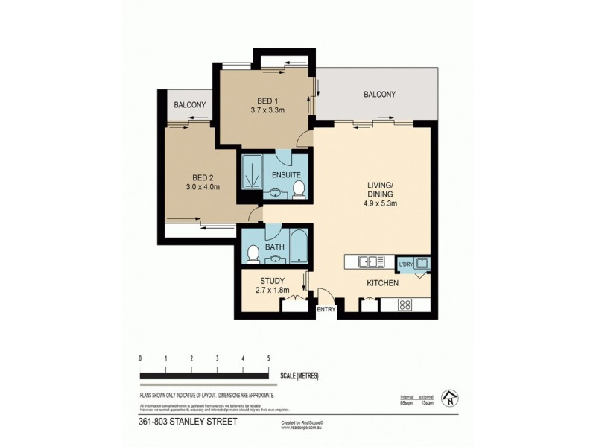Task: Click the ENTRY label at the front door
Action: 326,309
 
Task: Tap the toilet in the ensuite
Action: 299,191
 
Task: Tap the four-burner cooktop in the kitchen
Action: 406,304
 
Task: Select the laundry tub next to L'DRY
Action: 421,262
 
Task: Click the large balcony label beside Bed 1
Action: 379,95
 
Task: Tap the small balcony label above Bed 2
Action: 189,105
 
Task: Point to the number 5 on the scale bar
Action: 267,359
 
